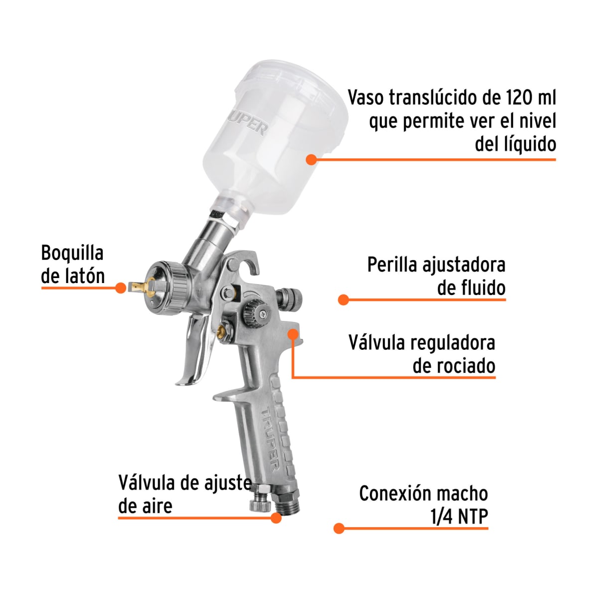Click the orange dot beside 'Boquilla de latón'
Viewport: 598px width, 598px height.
(x=120, y=288)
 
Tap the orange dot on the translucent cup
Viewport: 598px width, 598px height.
(x=311, y=159)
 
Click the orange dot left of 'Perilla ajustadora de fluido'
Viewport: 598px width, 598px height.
(x=343, y=299)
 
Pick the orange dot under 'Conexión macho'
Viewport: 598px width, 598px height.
(x=339, y=528)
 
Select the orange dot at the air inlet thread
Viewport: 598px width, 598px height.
(x=276, y=518)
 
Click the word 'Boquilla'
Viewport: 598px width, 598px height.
(x=72, y=253)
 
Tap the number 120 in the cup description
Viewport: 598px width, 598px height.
(x=510, y=98)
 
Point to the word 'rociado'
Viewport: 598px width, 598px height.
(x=453, y=366)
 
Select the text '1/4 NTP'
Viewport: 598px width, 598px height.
(x=459, y=517)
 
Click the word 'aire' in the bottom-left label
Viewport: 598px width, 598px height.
(x=153, y=506)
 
